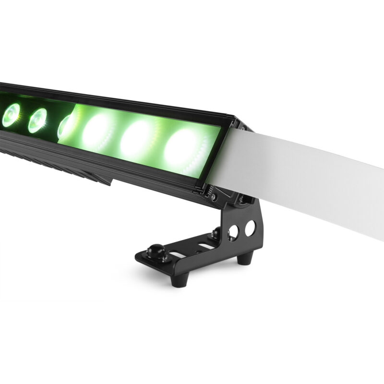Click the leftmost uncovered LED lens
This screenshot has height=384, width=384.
[11, 115]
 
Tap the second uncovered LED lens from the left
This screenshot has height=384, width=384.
[37, 120]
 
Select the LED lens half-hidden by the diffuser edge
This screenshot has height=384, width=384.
[65, 126]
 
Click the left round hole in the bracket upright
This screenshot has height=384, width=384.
[234, 232]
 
